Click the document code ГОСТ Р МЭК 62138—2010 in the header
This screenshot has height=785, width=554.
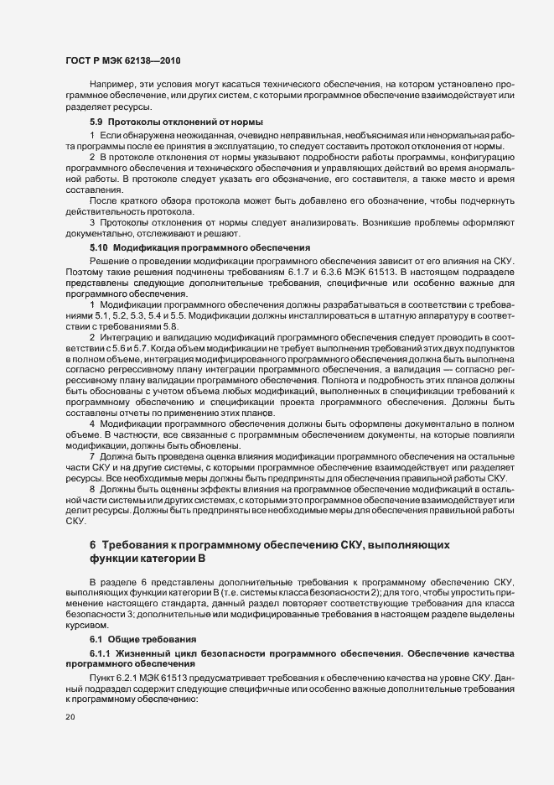click(x=123, y=61)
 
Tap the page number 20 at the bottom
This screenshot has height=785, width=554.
click(x=70, y=717)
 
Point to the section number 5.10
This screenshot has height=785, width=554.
click(x=99, y=247)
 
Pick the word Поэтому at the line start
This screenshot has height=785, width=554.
click(x=83, y=275)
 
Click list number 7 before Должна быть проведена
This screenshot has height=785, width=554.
click(x=92, y=454)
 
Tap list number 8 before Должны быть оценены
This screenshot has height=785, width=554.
click(x=92, y=487)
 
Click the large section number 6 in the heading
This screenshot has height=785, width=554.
click(x=93, y=544)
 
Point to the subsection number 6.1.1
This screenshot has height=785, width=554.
click(x=102, y=652)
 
